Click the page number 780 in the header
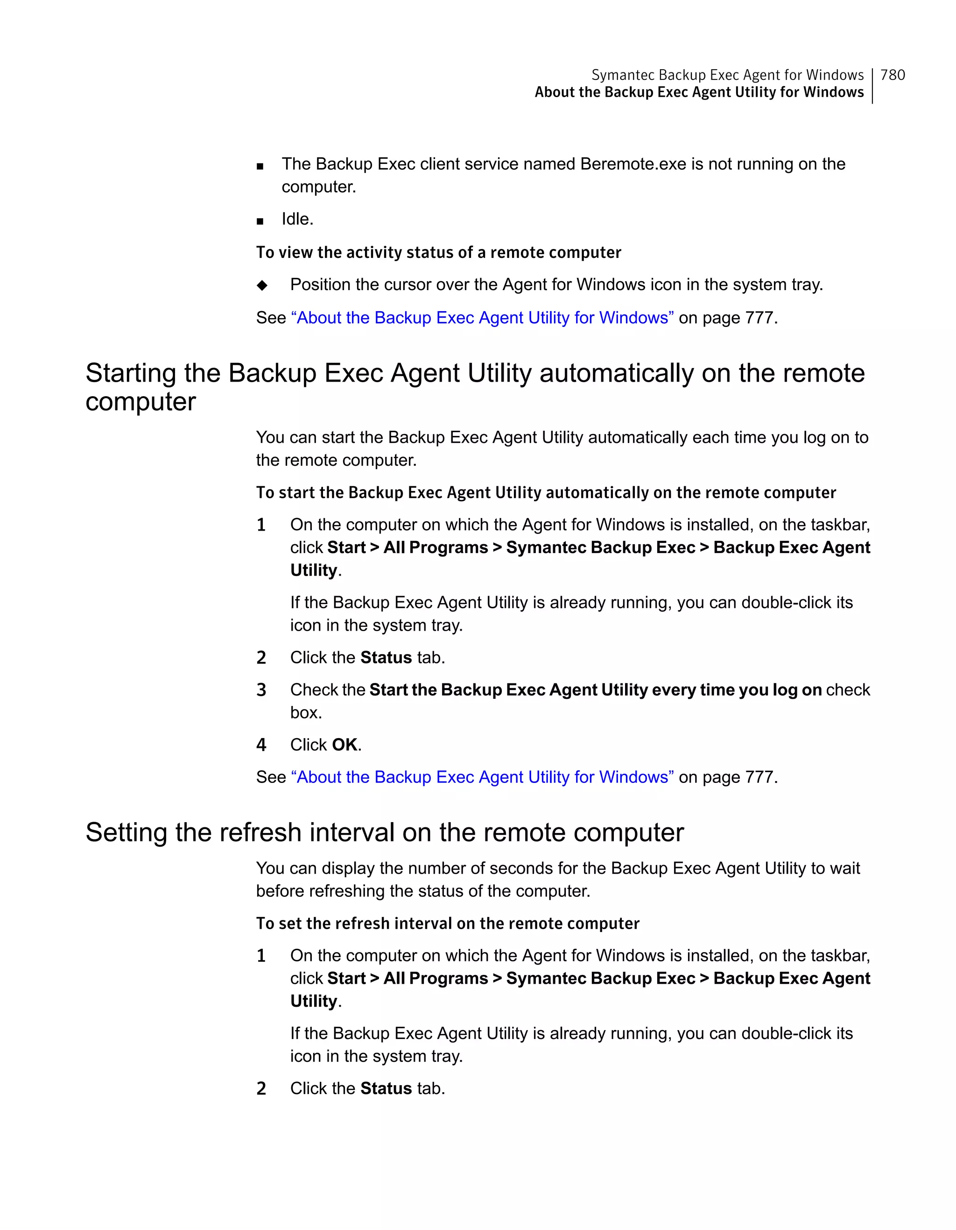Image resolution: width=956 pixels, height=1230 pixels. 893,75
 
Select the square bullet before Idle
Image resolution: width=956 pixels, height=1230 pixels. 260,221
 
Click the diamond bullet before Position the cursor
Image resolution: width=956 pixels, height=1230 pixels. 262,285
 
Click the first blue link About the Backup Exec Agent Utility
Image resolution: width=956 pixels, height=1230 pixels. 482,318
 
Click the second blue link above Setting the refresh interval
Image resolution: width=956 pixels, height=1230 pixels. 482,777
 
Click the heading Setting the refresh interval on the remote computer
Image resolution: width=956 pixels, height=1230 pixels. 384,832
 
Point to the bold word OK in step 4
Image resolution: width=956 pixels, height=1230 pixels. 344,745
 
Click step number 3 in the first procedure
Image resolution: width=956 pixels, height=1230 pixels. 261,690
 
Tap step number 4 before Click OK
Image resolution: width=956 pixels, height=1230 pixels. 261,745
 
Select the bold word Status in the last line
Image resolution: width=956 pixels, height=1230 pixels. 386,1088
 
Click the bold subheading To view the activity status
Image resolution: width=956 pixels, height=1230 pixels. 438,252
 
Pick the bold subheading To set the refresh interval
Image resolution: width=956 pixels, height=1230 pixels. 447,923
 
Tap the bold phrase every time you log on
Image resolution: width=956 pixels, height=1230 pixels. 737,690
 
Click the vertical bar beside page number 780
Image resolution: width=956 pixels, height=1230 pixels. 872,85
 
